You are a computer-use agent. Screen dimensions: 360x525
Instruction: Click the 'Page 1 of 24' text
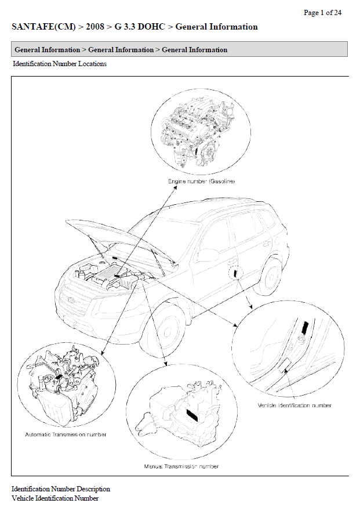pyautogui.click(x=322, y=13)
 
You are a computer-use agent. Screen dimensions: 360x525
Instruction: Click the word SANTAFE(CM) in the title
pyautogui.click(x=43, y=27)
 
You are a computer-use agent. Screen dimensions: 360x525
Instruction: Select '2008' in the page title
pyautogui.click(x=95, y=27)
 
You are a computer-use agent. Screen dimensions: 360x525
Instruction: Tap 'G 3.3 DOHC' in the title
pyautogui.click(x=140, y=27)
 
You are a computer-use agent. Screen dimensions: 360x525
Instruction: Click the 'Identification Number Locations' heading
pyautogui.click(x=60, y=64)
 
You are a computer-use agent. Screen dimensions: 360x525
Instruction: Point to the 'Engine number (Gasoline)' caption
pyautogui.click(x=201, y=181)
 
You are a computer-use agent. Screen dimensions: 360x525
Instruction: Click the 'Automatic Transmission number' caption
pyautogui.click(x=66, y=435)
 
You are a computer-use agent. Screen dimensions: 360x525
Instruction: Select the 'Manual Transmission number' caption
pyautogui.click(x=181, y=466)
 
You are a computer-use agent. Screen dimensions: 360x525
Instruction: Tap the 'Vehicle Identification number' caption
pyautogui.click(x=294, y=405)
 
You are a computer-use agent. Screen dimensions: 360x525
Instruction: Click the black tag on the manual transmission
pyautogui.click(x=192, y=415)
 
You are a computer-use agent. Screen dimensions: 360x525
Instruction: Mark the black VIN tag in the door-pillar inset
pyautogui.click(x=305, y=327)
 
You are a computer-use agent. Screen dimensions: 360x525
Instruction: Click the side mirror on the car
pyautogui.click(x=208, y=255)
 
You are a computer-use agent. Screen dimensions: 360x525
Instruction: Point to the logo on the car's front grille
pyautogui.click(x=71, y=300)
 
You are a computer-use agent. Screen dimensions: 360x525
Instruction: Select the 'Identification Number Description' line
pyautogui.click(x=61, y=489)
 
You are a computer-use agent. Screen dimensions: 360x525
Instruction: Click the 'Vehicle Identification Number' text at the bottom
pyautogui.click(x=55, y=498)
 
